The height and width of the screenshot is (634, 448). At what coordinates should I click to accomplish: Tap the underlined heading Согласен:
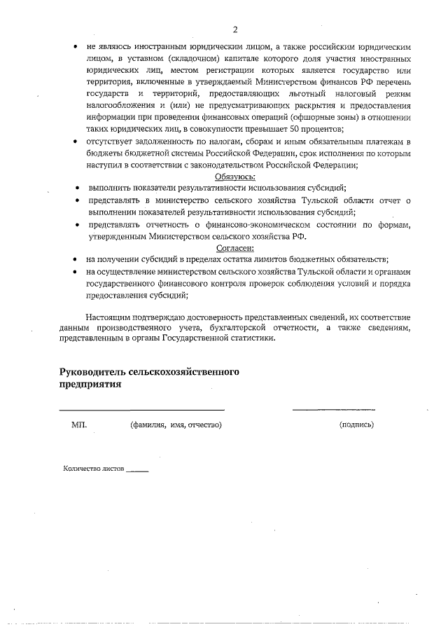[x=234, y=248]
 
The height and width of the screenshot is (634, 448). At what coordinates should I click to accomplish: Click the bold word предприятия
[x=91, y=384]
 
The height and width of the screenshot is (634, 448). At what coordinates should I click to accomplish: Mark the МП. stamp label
[x=79, y=425]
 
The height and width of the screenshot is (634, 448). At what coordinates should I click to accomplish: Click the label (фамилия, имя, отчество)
[x=176, y=425]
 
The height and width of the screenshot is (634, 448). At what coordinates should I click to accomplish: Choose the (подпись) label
[x=356, y=425]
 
